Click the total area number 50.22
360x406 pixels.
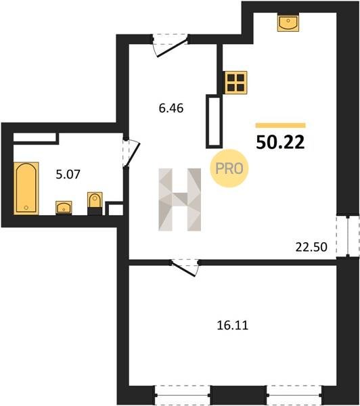point(280,142)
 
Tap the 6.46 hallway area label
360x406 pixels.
point(171,108)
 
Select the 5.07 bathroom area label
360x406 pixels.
point(68,175)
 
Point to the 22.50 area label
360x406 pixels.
point(311,247)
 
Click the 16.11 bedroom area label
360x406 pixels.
point(232,325)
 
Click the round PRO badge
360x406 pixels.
point(229,168)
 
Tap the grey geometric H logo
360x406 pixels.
point(180,200)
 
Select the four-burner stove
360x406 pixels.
point(235,83)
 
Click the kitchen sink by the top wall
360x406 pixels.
point(288,22)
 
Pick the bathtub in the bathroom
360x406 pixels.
point(26,188)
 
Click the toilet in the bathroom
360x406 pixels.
point(95,204)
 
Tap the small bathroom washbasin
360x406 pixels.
point(64,208)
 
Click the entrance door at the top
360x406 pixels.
point(170,45)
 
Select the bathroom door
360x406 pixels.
point(131,154)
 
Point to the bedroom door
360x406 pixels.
point(185,267)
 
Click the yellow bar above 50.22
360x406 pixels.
point(281,126)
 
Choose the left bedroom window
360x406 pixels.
point(183,395)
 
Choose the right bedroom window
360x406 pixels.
point(294,395)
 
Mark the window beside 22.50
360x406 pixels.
point(348,236)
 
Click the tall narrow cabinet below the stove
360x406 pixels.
point(215,121)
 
